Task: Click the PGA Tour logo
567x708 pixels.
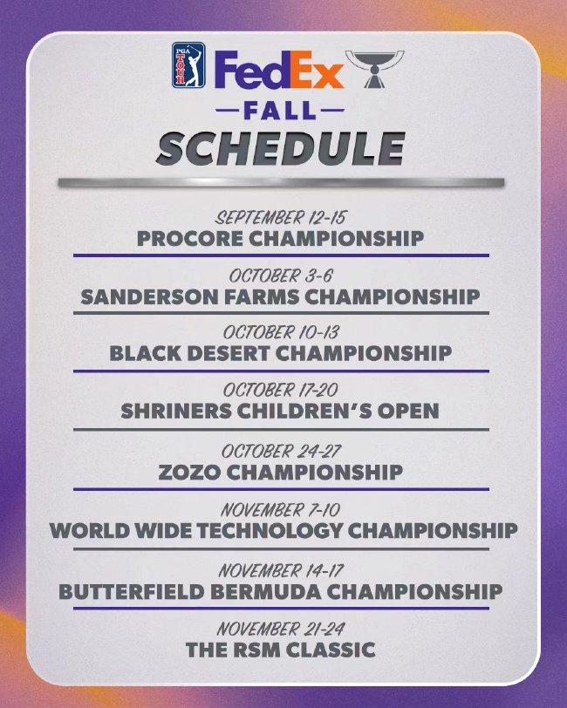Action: (188, 65)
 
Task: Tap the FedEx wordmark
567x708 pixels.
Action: (279, 70)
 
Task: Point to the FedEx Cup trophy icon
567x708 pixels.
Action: (374, 69)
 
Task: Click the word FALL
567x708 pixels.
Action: (280, 110)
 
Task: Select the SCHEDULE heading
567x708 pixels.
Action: (280, 148)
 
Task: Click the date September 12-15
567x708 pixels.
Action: (280, 218)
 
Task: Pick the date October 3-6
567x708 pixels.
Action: (280, 276)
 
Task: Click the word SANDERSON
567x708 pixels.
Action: (149, 296)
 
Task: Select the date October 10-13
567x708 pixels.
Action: (281, 332)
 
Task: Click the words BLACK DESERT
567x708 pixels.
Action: (190, 353)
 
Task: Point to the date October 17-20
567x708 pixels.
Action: (280, 390)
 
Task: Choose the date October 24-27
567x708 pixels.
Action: (281, 451)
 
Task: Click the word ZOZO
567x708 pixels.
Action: (190, 473)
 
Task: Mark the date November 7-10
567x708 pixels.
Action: (280, 510)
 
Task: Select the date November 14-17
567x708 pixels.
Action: (281, 571)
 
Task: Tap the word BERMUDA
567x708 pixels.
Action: (266, 591)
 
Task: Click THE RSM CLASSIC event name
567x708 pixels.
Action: (281, 650)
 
